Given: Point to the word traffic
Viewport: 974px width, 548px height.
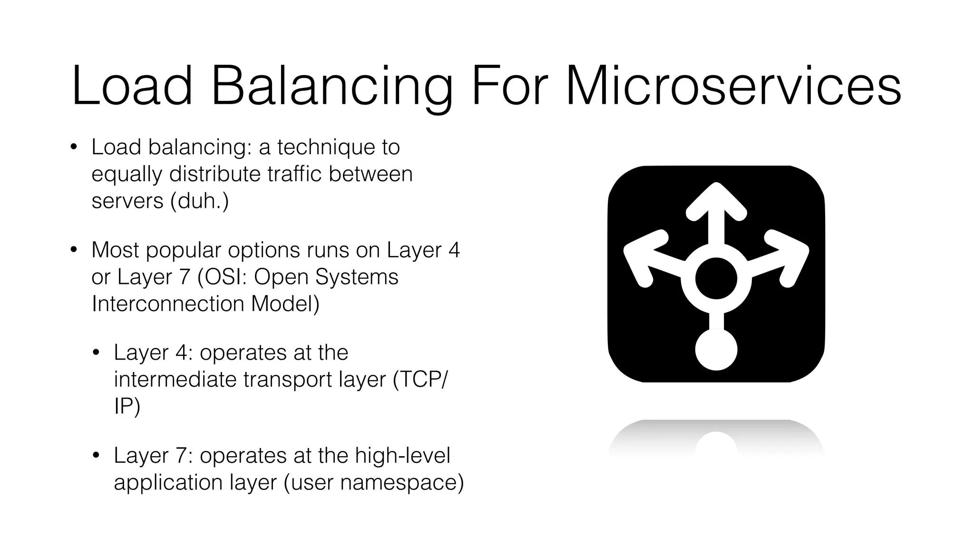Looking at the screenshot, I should tap(294, 174).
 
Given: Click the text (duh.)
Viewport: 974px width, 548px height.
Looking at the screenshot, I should tap(200, 201).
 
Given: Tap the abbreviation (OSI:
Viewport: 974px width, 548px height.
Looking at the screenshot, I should tap(222, 277).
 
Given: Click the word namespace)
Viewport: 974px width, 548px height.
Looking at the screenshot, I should tap(402, 483).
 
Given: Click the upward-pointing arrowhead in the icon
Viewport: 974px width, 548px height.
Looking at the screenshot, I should tap(716, 200).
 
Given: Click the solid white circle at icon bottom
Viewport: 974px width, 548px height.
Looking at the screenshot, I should tap(716, 350).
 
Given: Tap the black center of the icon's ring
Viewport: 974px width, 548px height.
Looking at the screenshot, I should tap(716, 279).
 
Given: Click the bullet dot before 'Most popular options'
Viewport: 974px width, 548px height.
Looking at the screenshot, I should tap(73, 250).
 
